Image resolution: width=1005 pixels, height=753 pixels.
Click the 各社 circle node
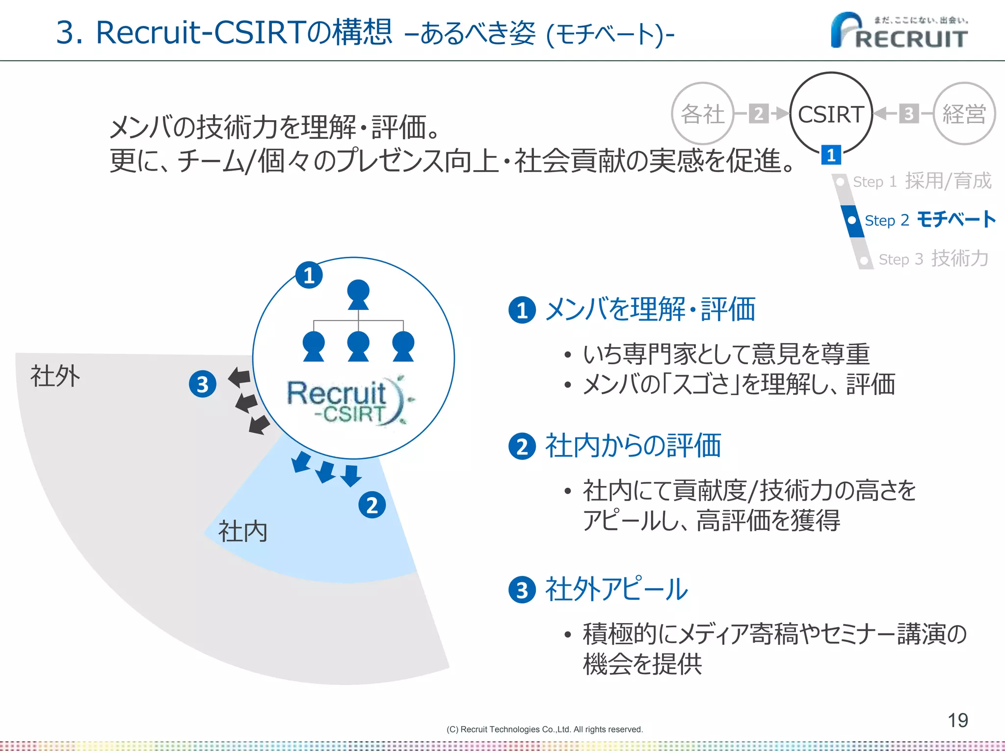pos(702,114)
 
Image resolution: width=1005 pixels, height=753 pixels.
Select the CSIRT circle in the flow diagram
pos(831,114)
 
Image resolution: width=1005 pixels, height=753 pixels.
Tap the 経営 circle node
pos(964,114)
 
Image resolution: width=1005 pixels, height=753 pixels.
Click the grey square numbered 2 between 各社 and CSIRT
pos(759,114)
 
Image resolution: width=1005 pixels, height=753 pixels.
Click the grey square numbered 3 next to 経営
pos(908,114)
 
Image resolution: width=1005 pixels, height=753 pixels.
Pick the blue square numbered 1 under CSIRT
pos(831,155)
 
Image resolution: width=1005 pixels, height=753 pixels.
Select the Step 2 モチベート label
pos(929,220)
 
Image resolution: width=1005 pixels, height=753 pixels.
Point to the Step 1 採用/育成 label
pos(922,181)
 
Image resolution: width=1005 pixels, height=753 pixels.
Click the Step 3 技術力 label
pos(932,258)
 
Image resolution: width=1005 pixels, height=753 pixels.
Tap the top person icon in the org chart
pos(358,294)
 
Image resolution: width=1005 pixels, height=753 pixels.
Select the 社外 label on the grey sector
pos(55,376)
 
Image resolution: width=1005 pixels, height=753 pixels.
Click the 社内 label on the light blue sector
pos(243,531)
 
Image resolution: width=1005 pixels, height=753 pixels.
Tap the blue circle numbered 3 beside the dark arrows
pos(203,384)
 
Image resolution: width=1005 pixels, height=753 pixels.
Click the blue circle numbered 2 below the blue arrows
pos(372,505)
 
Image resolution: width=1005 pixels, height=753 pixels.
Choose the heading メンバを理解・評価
pos(650,310)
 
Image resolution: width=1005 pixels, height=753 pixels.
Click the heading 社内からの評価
pos(633,446)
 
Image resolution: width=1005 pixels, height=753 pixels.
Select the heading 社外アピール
pos(616,589)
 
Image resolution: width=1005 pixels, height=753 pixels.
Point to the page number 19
pos(957,720)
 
